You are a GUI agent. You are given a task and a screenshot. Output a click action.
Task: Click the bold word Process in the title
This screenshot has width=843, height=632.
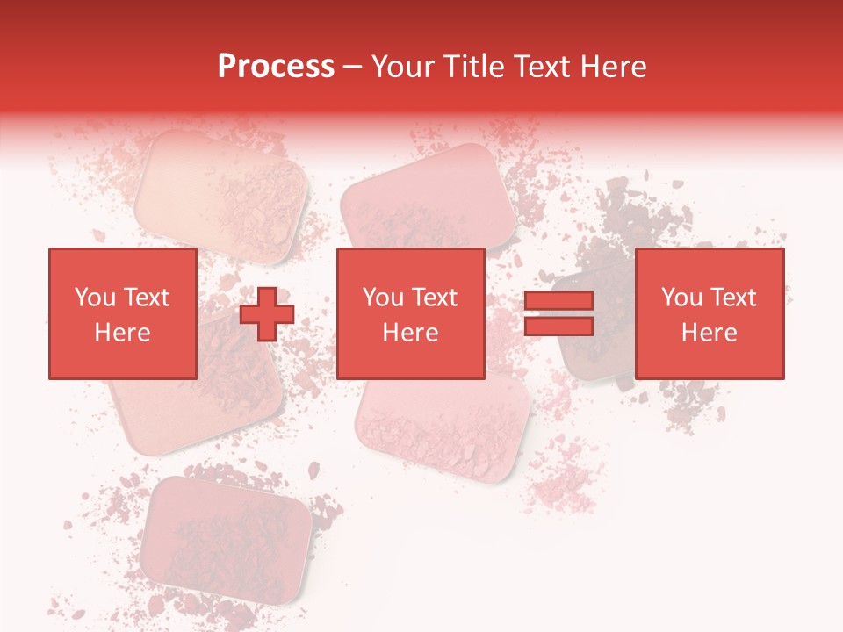pyautogui.click(x=276, y=67)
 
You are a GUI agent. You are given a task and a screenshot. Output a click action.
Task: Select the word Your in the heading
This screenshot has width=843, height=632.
pyautogui.click(x=405, y=67)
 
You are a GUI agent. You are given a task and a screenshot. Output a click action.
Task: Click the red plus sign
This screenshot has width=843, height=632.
pyautogui.click(x=266, y=314)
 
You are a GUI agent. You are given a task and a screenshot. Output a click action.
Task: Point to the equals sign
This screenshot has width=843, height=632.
pyautogui.click(x=558, y=313)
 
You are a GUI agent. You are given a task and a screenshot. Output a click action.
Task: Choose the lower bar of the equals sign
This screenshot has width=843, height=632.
pyautogui.click(x=558, y=326)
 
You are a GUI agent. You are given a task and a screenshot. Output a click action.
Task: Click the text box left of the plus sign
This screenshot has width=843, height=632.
pyautogui.click(x=122, y=313)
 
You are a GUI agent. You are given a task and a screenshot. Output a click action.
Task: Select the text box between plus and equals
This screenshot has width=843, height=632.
pyautogui.click(x=410, y=313)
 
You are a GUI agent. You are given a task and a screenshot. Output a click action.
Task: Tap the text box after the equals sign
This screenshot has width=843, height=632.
pyautogui.click(x=709, y=313)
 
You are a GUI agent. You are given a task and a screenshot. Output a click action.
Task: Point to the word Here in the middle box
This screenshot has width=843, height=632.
pyautogui.click(x=410, y=333)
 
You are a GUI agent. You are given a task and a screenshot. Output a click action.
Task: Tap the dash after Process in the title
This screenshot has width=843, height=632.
pyautogui.click(x=352, y=68)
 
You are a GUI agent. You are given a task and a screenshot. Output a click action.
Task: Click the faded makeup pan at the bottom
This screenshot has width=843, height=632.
pyautogui.click(x=227, y=535)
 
